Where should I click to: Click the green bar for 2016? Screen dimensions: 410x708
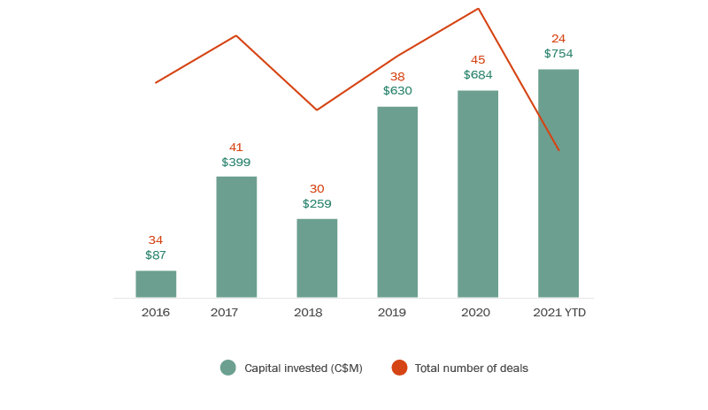tap(156, 284)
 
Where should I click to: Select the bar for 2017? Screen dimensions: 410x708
tap(236, 237)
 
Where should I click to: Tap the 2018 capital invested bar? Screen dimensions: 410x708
tap(317, 258)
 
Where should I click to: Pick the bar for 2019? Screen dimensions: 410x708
tap(397, 202)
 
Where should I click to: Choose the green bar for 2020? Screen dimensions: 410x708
tap(478, 194)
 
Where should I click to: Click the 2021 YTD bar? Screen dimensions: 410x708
tap(558, 183)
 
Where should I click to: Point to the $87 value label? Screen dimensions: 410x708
tap(156, 255)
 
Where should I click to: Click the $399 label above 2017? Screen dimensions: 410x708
tap(236, 163)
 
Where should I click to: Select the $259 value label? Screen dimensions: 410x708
tap(317, 204)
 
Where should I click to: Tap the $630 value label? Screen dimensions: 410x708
tap(397, 90)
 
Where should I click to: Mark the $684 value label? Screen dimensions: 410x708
tap(478, 75)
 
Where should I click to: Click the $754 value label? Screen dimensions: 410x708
tap(558, 54)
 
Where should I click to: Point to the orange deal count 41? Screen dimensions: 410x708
tap(236, 148)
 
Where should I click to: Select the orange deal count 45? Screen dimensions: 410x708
tap(478, 60)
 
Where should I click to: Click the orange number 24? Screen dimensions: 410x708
tap(558, 39)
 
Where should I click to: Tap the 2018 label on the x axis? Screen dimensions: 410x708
tap(308, 313)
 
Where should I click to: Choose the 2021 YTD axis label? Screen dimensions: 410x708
tap(559, 313)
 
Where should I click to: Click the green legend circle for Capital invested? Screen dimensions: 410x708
tap(228, 368)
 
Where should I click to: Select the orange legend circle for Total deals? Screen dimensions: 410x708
tap(399, 368)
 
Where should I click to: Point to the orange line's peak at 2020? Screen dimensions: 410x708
tap(478, 9)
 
